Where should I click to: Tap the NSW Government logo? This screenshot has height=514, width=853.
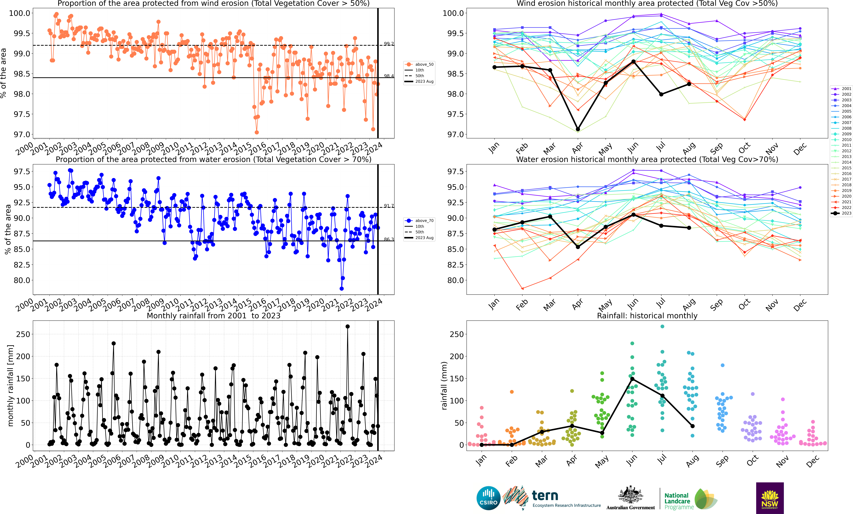coord(770,498)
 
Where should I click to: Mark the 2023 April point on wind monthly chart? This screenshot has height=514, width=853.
coord(577,129)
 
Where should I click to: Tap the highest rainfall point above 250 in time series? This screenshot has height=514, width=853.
coord(348,326)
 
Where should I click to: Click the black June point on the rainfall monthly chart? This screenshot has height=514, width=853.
coord(632,379)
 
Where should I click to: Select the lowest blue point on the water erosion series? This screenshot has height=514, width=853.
coord(342,289)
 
